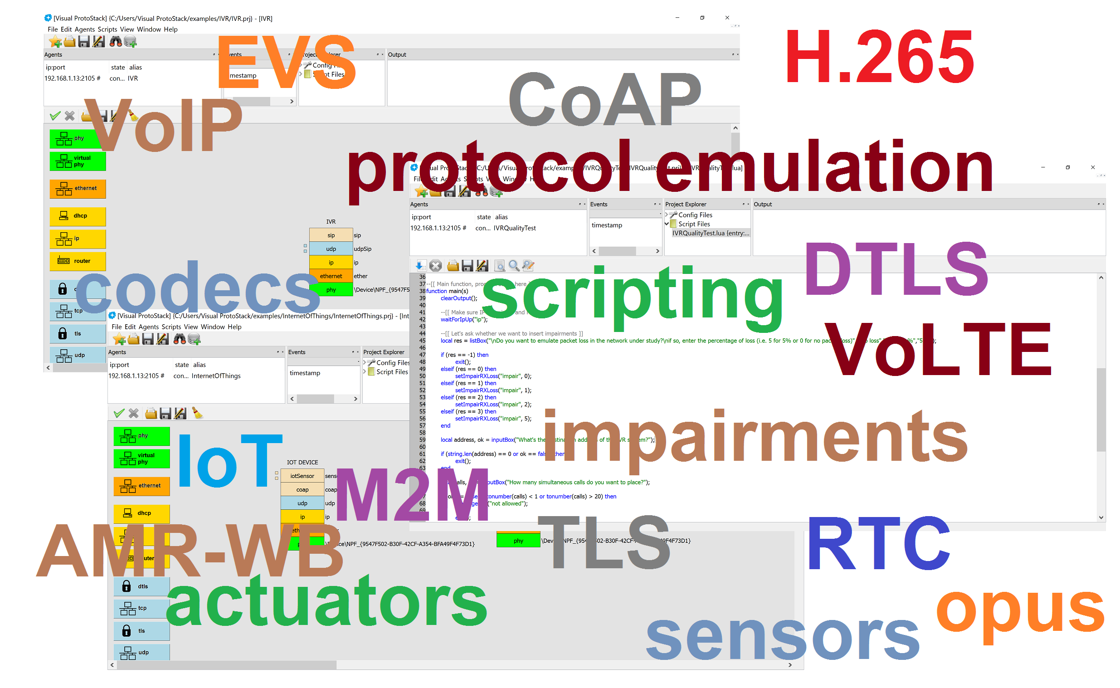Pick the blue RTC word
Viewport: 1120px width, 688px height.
click(x=878, y=544)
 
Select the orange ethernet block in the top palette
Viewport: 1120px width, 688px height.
click(x=78, y=189)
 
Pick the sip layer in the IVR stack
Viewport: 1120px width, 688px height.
click(x=331, y=236)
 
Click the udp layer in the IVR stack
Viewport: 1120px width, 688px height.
click(x=331, y=249)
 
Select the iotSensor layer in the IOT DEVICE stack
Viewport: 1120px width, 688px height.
click(x=302, y=476)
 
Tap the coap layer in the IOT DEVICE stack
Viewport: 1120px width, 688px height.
click(x=302, y=490)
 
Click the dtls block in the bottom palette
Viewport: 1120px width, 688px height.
click(x=141, y=587)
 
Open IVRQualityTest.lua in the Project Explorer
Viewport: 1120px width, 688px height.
click(x=710, y=234)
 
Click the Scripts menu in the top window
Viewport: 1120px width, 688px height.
click(x=107, y=29)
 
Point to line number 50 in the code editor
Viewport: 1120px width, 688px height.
click(x=423, y=376)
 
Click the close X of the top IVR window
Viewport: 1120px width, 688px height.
click(x=727, y=18)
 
